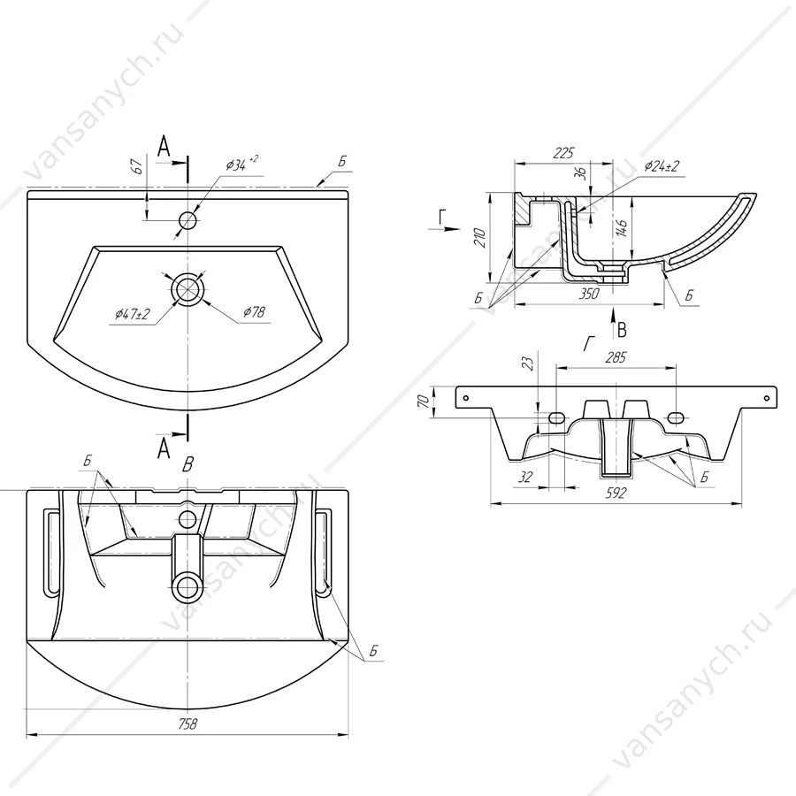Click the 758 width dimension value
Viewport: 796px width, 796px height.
point(188,723)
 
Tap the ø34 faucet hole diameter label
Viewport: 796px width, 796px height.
point(241,165)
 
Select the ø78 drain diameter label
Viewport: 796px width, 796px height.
point(254,311)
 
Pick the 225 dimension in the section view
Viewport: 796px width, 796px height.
point(563,152)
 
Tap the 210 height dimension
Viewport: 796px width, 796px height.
point(479,238)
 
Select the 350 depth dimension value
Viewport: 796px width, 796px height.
point(589,294)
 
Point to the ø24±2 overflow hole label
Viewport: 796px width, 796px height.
point(662,166)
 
